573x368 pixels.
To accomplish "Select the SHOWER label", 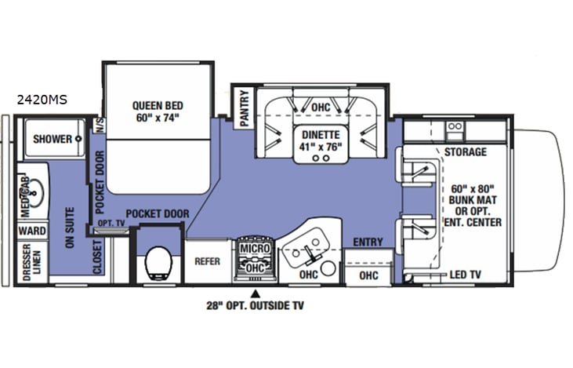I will pyautogui.click(x=52, y=139).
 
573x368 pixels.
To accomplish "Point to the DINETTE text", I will pyautogui.click(x=321, y=133).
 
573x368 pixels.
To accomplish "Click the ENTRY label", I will pyautogui.click(x=367, y=242).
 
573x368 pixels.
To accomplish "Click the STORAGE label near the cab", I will pyautogui.click(x=465, y=151).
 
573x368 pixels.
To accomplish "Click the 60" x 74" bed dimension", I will pyautogui.click(x=157, y=118).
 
